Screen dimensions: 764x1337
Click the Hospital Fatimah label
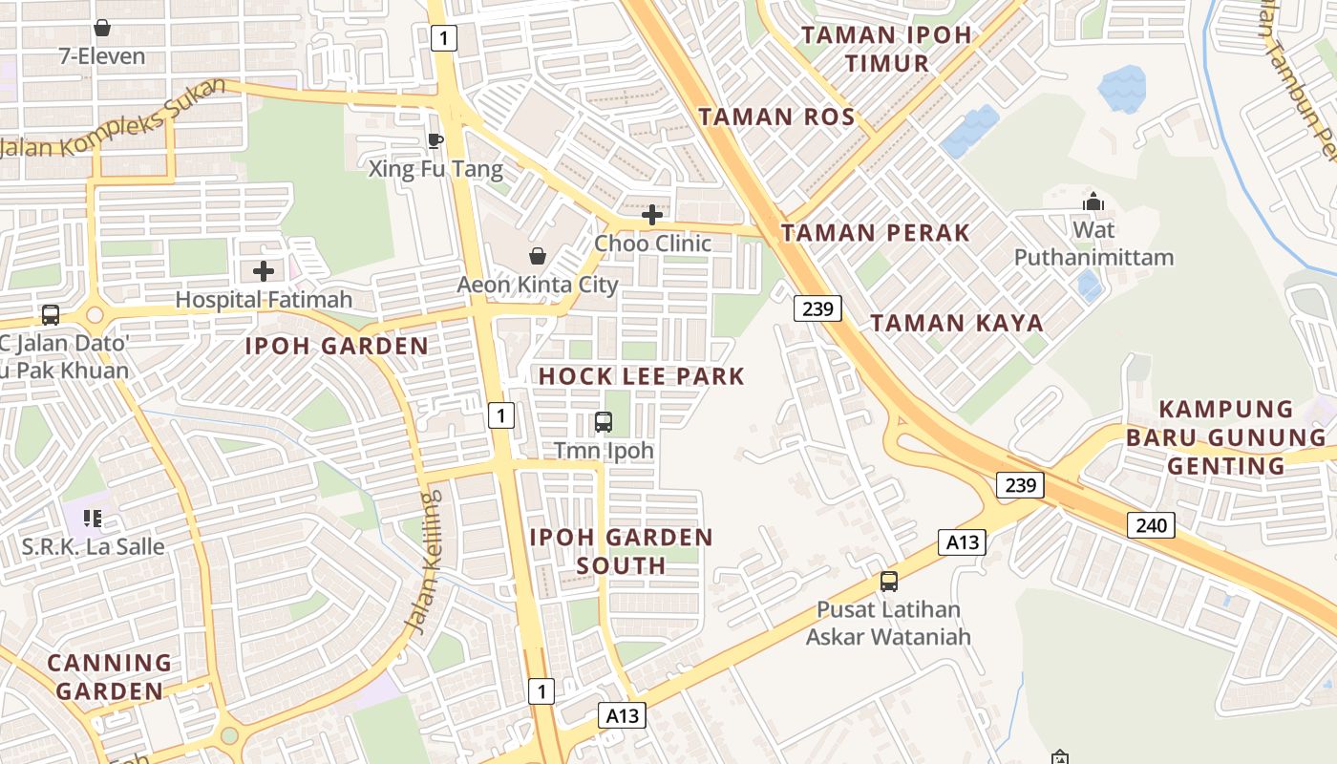pyautogui.click(x=264, y=299)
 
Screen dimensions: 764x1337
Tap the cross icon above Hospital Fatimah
pyautogui.click(x=264, y=271)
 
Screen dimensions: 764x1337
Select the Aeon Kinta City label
pyautogui.click(x=537, y=285)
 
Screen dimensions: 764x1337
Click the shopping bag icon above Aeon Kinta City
pyautogui.click(x=538, y=256)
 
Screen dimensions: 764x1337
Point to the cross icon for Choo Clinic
pyautogui.click(x=652, y=215)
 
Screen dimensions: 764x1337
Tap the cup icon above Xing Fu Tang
pyautogui.click(x=435, y=141)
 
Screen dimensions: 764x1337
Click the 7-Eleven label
pyautogui.click(x=102, y=56)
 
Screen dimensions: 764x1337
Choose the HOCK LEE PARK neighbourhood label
pyautogui.click(x=641, y=376)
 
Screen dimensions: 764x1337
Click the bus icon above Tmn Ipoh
pyautogui.click(x=604, y=421)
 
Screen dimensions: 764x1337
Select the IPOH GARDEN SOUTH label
pyautogui.click(x=621, y=551)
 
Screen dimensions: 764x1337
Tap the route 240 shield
pyautogui.click(x=1151, y=524)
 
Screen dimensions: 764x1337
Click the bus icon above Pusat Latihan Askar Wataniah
pyautogui.click(x=888, y=581)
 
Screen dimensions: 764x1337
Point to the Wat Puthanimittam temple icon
pyautogui.click(x=1093, y=202)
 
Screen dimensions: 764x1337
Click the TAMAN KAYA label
pyautogui.click(x=956, y=323)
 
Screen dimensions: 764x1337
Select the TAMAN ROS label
pyautogui.click(x=775, y=117)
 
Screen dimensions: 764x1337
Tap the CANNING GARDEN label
pyautogui.click(x=110, y=676)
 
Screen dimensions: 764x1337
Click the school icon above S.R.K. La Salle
pyautogui.click(x=93, y=519)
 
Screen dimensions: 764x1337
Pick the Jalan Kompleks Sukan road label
pyautogui.click(x=115, y=119)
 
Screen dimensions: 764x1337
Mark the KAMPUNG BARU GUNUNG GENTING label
pyautogui.click(x=1226, y=437)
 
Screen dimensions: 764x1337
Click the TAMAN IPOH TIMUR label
pyautogui.click(x=886, y=50)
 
